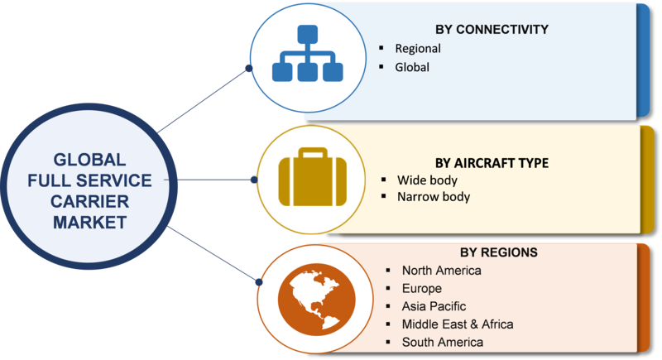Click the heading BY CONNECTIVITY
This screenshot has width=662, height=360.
coord(492,29)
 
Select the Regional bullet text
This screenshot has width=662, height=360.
coord(418,49)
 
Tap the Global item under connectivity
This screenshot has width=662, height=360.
coord(412,67)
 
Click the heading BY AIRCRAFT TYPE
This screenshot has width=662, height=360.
coord(492,163)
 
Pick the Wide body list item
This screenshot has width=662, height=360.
coord(427,180)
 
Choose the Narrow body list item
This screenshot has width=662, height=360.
coord(434,197)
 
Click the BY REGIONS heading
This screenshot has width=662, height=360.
coord(499,252)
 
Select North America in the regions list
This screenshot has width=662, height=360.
coord(442,270)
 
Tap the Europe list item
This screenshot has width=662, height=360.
coord(422,288)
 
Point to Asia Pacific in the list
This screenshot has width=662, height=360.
coord(434,306)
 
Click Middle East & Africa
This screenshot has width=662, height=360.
coord(458,324)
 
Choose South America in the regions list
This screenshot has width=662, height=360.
coord(443,342)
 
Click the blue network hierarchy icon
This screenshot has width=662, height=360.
coord(307,53)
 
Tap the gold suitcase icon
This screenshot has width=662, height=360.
coord(313,177)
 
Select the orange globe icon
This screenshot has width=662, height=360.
coord(317,300)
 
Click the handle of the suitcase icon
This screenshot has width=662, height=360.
coord(313,152)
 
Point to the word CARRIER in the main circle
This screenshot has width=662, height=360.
coord(89,201)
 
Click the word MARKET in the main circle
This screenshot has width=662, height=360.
coord(89,223)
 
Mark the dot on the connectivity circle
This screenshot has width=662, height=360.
coord(249,69)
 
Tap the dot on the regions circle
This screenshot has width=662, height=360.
coord(259,282)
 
